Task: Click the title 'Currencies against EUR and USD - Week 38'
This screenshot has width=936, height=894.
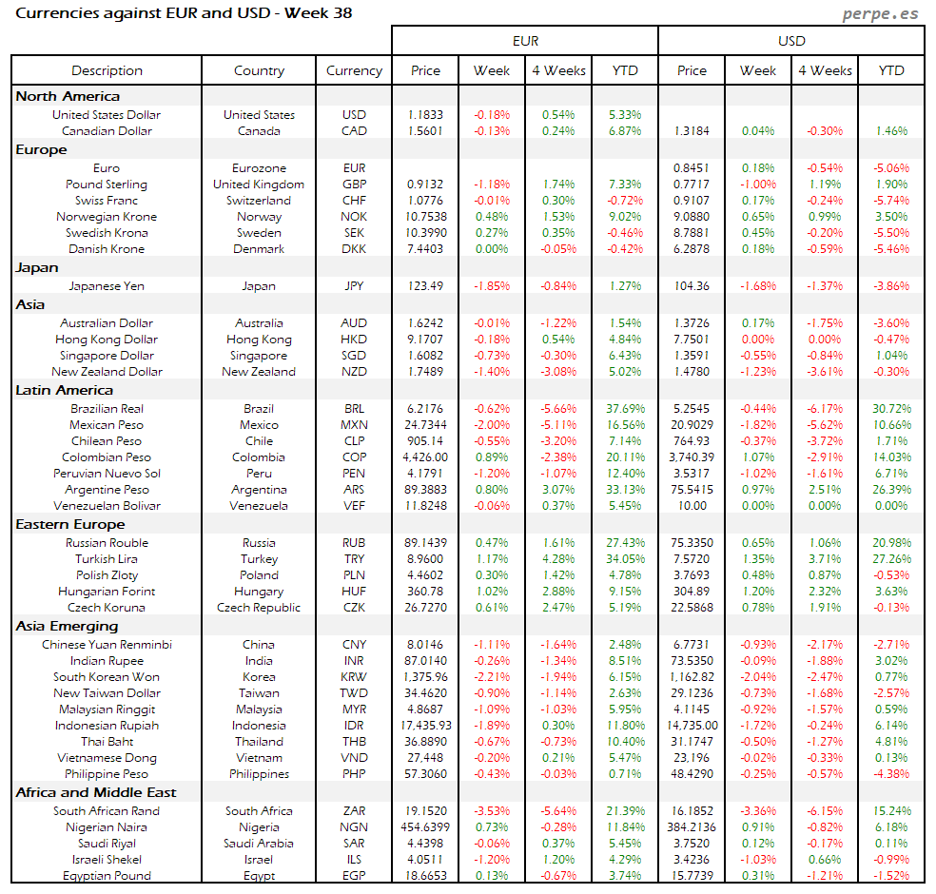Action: point(185,13)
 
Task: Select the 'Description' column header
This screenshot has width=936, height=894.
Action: point(107,70)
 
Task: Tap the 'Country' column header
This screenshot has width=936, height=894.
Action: point(259,70)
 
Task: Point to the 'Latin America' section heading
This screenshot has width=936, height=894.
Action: point(64,390)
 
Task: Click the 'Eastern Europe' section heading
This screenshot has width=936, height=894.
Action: point(69,524)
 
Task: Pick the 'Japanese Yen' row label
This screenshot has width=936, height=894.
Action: point(107,285)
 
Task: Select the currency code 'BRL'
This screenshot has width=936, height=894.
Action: point(354,409)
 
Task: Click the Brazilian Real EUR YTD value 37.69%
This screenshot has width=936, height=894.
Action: point(625,409)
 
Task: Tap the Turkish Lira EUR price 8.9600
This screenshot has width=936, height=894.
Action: point(425,559)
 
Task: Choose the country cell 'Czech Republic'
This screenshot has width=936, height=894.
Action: point(259,608)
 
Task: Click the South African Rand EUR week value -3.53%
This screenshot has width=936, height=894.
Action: point(492,811)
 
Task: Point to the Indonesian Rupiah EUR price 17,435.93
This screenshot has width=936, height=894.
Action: point(425,726)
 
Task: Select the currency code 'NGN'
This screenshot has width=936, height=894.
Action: point(354,827)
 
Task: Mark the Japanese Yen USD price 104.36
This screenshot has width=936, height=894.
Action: point(692,285)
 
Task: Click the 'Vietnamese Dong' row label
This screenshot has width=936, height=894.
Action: point(107,758)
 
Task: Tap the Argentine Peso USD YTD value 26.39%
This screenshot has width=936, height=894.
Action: point(891,490)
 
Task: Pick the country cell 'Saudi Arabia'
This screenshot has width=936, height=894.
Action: point(259,844)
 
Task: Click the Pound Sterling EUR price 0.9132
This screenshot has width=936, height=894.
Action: point(425,185)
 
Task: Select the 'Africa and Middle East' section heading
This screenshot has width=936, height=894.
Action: point(96,792)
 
